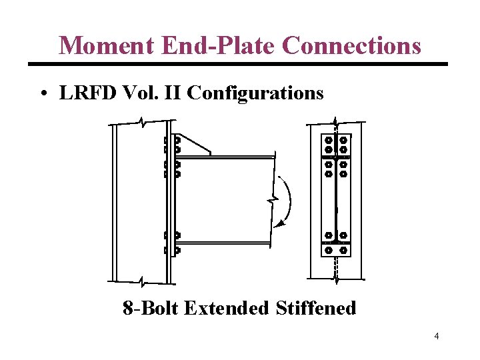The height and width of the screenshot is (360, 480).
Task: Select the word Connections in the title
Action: [351, 46]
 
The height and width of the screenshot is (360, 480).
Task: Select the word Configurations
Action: [255, 94]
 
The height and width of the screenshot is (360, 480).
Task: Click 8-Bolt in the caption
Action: [151, 308]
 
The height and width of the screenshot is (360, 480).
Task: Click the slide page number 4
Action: [436, 336]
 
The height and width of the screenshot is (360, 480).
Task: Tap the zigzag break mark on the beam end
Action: [273, 199]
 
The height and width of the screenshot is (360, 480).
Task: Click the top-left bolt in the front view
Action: [328, 141]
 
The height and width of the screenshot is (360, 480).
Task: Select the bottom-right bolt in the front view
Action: [344, 250]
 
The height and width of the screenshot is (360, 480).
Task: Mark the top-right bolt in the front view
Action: [344, 141]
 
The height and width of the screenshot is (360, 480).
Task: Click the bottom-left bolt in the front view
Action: [328, 250]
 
